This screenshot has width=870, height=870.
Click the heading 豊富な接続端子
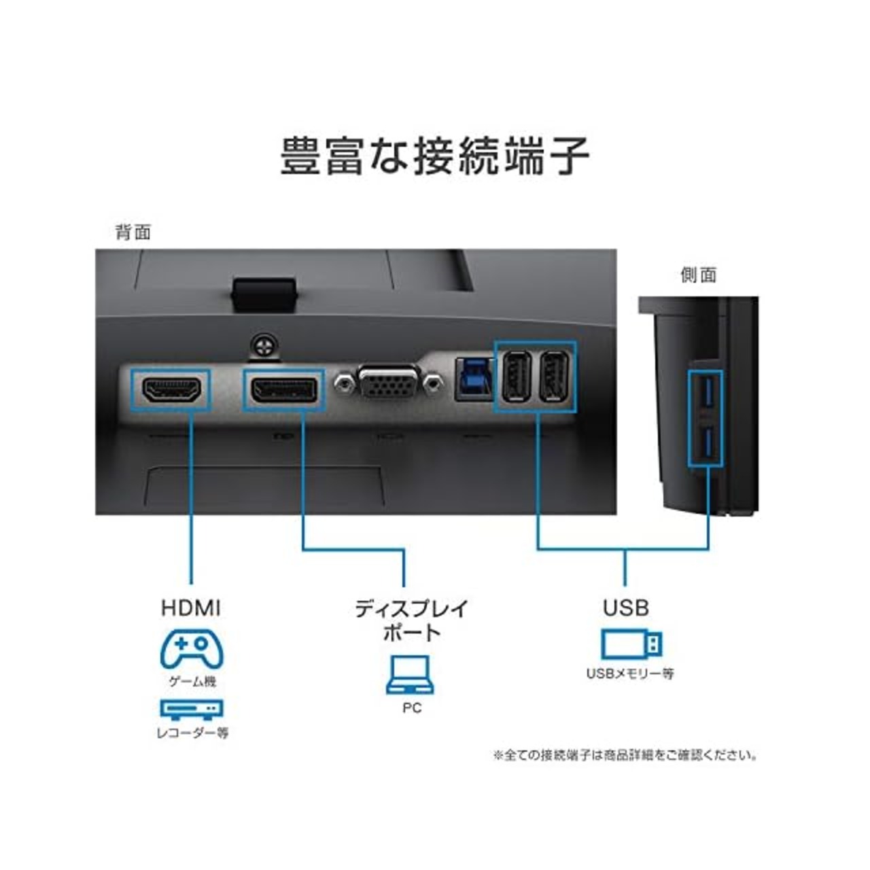point(434,156)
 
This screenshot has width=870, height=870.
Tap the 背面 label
point(133,232)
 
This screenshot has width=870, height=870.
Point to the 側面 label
point(699,275)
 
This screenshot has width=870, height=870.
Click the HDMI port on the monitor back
point(171,390)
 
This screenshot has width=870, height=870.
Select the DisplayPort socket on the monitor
point(284,391)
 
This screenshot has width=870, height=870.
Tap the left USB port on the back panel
point(513,379)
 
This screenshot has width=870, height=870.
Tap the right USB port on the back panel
point(554,379)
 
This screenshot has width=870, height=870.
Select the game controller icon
point(192,649)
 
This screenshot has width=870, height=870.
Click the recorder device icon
point(192,710)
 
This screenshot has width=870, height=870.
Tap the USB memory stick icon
point(631,644)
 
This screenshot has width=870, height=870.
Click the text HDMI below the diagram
point(191,608)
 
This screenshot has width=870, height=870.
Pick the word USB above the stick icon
point(625,608)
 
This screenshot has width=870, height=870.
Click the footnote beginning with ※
point(625,755)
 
